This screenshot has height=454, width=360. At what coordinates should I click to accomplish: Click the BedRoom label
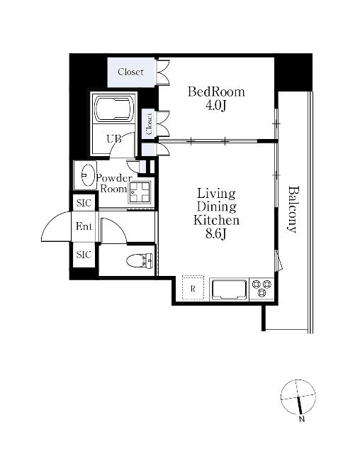(x=216, y=92)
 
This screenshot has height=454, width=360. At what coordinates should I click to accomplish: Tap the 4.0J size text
(x=215, y=106)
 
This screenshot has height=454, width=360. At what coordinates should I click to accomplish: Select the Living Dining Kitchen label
(x=216, y=206)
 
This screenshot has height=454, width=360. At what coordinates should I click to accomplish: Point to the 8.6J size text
(x=215, y=233)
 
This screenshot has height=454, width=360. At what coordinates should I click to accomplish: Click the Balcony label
(x=293, y=209)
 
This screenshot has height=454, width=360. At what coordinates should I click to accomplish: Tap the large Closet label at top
(x=130, y=72)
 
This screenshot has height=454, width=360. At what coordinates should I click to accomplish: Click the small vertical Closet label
(x=150, y=124)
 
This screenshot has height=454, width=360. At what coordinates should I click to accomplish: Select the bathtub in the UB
(x=115, y=109)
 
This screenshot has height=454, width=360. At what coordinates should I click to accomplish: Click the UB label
(x=113, y=139)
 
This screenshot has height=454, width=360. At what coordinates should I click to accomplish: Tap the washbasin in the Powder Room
(x=89, y=175)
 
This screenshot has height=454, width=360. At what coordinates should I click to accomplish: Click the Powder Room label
(x=113, y=183)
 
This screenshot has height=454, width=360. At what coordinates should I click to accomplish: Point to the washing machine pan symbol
(x=140, y=192)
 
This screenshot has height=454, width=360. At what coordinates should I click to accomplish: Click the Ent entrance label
(x=84, y=226)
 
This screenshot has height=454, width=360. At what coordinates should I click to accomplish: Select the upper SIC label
(x=84, y=203)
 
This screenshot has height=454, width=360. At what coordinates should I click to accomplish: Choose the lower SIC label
(x=84, y=255)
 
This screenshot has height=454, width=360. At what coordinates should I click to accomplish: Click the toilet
(x=140, y=260)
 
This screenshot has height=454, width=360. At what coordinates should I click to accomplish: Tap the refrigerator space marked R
(x=193, y=289)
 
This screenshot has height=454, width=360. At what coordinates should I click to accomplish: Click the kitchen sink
(x=229, y=289)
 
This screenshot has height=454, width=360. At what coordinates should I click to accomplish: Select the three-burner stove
(x=261, y=288)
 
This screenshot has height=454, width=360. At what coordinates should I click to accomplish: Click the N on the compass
(x=302, y=419)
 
